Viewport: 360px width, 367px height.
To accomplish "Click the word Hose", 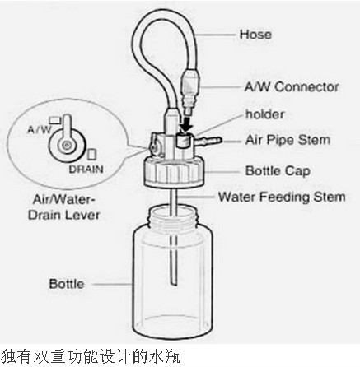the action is pos(255,35).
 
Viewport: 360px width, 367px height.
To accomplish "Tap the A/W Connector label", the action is pos(292,87).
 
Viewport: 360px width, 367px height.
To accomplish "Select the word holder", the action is pos(264,114).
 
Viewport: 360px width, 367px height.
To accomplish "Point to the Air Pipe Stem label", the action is pos(288,140).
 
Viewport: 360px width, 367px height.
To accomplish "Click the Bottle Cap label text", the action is pos(278,171).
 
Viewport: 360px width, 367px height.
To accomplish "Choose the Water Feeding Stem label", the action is pos(282,197).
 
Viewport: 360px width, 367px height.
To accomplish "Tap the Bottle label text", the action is pos(67,284).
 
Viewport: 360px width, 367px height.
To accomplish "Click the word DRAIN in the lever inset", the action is pos(86,169).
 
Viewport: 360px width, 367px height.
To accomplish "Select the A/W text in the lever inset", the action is pos(40,129).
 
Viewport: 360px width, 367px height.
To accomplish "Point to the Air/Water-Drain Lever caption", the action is pos(63,207).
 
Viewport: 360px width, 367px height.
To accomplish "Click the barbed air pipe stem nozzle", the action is pos(208,140).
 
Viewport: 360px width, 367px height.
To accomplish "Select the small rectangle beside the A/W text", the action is pos(55,120).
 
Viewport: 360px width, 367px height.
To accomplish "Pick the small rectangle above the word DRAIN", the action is pos(92,154).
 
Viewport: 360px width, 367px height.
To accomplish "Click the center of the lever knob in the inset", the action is pos(66,146).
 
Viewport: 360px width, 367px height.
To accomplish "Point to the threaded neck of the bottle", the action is pos(173,216).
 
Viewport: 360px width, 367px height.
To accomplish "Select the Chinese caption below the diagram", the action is pos(91,357).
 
